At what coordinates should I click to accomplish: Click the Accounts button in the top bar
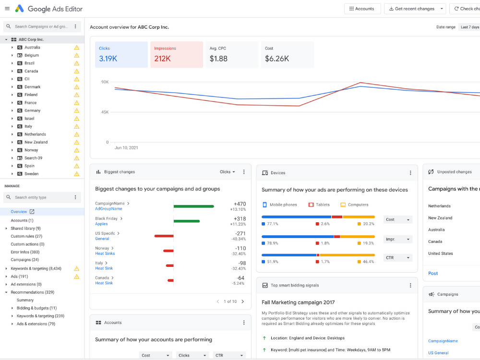362,9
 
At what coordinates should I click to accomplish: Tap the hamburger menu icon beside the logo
7,9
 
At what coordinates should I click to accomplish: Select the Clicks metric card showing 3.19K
121,55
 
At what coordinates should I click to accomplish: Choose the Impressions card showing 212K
177,55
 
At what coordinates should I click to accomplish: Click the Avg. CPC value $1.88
218,59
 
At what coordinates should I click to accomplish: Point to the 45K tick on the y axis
105,112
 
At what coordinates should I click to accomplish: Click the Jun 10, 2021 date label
126,147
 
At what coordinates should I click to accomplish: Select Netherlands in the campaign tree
35,134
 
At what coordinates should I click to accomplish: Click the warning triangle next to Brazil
76,63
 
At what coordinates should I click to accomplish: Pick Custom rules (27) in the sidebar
26,236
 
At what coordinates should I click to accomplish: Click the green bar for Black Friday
187,221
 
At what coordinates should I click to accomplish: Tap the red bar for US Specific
164,236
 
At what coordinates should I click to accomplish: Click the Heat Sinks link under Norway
105,253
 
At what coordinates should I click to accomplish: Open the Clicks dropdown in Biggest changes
228,172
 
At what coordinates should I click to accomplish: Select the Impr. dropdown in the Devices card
397,239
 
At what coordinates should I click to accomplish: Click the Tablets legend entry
319,205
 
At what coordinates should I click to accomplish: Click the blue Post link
433,274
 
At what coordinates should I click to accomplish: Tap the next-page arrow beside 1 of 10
243,301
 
